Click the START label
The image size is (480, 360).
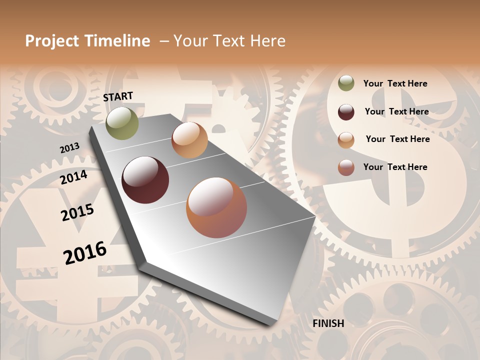click(118, 96)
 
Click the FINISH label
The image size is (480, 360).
click(328, 323)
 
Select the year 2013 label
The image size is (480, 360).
click(69, 148)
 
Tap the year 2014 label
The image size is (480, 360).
click(74, 177)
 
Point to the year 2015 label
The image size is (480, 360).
click(77, 212)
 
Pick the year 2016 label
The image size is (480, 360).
click(85, 253)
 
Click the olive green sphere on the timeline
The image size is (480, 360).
click(122, 123)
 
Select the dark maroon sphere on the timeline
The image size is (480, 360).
click(145, 180)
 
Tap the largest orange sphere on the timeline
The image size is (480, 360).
click(216, 207)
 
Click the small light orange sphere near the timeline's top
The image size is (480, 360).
click(189, 140)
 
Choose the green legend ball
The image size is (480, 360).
click(346, 83)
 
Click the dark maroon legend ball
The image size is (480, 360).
click(346, 111)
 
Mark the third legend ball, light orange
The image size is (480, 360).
click(346, 139)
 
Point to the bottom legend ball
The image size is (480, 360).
click(346, 167)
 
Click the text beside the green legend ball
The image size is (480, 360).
click(395, 83)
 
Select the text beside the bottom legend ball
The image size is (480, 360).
click(395, 167)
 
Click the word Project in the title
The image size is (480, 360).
click(52, 41)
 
